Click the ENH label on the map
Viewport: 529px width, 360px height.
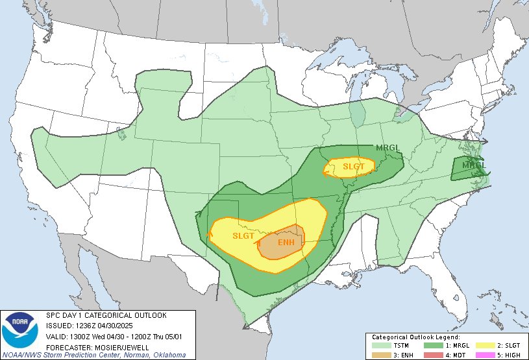click(286, 243)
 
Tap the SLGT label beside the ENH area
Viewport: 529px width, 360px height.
click(243, 236)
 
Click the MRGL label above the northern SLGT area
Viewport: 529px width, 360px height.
click(389, 148)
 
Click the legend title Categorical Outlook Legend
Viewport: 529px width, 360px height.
click(415, 337)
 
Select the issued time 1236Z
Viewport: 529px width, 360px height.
click(86, 326)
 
